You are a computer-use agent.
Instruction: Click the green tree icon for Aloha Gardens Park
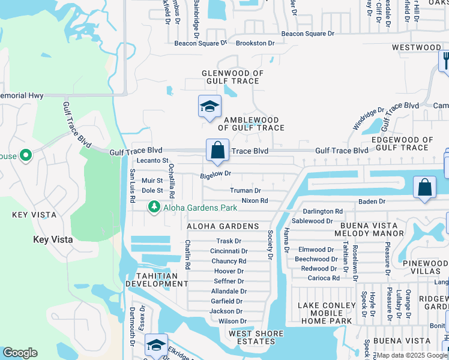click(x=155, y=207)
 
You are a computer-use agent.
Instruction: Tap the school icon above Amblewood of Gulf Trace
click(x=210, y=107)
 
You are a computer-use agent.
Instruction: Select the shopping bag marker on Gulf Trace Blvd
click(x=217, y=151)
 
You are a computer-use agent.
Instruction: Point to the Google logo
click(x=20, y=353)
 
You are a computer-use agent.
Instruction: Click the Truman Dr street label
click(x=246, y=191)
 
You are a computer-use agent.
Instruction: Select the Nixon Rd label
click(x=255, y=200)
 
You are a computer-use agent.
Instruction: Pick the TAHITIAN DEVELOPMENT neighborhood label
click(x=152, y=280)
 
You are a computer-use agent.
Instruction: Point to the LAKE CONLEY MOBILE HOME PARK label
click(x=325, y=313)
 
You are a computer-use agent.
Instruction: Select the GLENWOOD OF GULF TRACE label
click(x=232, y=77)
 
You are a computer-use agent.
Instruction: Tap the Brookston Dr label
click(x=255, y=43)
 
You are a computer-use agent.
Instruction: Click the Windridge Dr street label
click(x=368, y=120)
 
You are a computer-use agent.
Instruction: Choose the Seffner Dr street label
click(x=228, y=281)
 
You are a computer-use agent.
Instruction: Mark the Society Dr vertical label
click(x=271, y=245)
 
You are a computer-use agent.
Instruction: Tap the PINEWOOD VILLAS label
click(x=427, y=268)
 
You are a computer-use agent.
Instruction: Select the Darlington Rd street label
click(x=322, y=212)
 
